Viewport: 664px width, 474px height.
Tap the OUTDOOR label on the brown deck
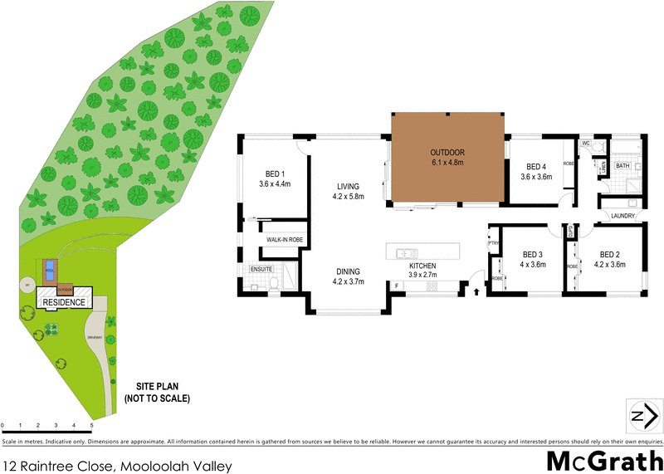[447, 153]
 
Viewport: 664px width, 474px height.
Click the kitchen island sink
[407, 253]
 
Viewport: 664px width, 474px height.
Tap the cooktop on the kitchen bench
[432, 286]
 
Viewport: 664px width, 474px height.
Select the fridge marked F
[397, 286]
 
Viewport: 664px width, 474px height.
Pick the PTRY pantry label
[491, 243]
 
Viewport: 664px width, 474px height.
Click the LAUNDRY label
[622, 217]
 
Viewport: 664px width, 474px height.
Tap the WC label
[585, 144]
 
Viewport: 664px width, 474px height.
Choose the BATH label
[622, 166]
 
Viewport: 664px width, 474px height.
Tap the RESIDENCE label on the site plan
[64, 302]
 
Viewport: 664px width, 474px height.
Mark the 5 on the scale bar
[90, 425]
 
